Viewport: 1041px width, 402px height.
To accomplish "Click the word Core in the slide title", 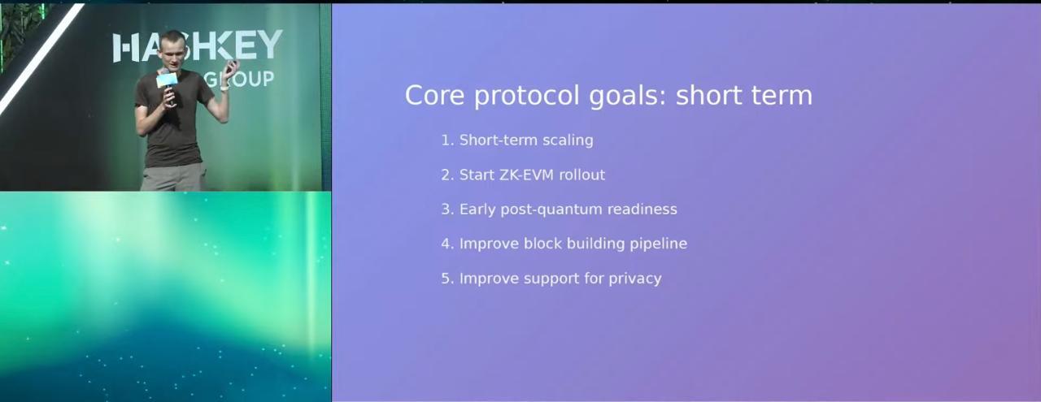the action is pyautogui.click(x=434, y=95).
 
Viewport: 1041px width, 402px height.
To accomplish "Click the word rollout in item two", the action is pyautogui.click(x=581, y=175).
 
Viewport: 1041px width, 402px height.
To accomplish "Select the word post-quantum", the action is pyautogui.click(x=551, y=210).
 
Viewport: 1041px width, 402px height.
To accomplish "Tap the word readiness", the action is pyautogui.click(x=642, y=210).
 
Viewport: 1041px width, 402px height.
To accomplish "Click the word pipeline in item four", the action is pyautogui.click(x=659, y=244).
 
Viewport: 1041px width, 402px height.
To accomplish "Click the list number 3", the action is pyautogui.click(x=446, y=210).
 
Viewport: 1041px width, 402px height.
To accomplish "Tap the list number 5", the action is pyautogui.click(x=446, y=279).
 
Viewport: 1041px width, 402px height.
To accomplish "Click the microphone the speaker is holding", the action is pyautogui.click(x=167, y=84).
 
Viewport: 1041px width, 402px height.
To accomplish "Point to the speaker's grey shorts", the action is pyautogui.click(x=173, y=177).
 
